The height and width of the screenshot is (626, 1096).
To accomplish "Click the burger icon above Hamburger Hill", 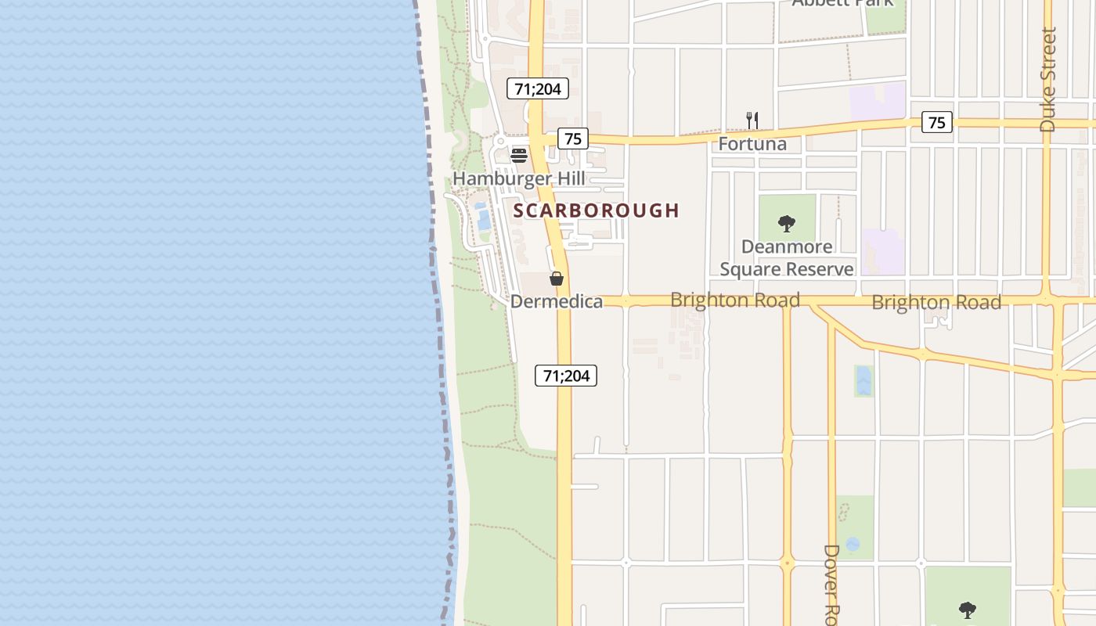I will click(519, 156).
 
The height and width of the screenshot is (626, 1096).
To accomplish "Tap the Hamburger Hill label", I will click(518, 178).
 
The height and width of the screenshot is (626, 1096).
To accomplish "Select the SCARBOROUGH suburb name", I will click(596, 210).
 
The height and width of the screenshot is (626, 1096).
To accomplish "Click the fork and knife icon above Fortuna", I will click(752, 121).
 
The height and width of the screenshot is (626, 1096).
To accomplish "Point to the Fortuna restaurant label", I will click(752, 144).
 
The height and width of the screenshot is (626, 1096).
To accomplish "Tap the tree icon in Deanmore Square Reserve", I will click(787, 224).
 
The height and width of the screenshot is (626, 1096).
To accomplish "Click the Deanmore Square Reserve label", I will click(787, 258).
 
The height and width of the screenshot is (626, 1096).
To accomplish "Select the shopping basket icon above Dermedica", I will click(557, 278).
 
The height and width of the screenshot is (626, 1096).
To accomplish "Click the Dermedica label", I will click(556, 301).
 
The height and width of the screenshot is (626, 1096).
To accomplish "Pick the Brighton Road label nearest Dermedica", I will click(734, 300).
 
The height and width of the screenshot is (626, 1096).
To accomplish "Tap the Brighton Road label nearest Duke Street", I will click(936, 303).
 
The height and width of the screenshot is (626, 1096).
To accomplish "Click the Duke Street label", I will click(1048, 80).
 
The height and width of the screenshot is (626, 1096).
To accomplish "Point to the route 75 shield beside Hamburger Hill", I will click(573, 139).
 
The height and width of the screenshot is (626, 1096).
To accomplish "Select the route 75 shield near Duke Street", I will click(937, 122).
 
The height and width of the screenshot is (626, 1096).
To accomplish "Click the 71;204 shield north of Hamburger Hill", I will click(539, 88).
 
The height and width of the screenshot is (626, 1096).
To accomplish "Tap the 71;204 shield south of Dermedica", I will click(566, 376).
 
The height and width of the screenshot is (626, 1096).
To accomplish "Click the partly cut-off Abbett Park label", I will click(842, 3).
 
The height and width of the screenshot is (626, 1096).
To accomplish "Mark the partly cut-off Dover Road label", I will click(831, 584).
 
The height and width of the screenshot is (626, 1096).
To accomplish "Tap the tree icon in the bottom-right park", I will click(968, 610).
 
